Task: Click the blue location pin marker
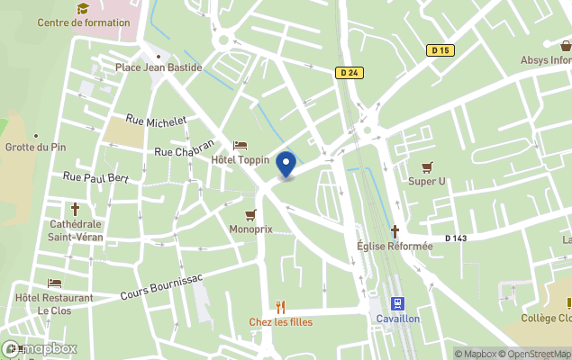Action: tap(286, 165)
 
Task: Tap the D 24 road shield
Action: tap(351, 73)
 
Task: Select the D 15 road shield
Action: tap(440, 50)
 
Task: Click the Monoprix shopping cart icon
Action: tap(250, 215)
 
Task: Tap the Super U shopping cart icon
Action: tap(427, 166)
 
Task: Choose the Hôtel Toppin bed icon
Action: tap(240, 145)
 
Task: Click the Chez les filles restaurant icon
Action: tap(280, 305)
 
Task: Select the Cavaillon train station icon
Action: tap(397, 304)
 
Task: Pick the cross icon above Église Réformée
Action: tap(395, 231)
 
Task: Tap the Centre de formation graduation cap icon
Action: tap(83, 8)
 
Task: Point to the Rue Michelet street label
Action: tap(156, 121)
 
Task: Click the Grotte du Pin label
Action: tap(34, 148)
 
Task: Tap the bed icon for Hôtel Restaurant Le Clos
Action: tap(54, 283)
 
